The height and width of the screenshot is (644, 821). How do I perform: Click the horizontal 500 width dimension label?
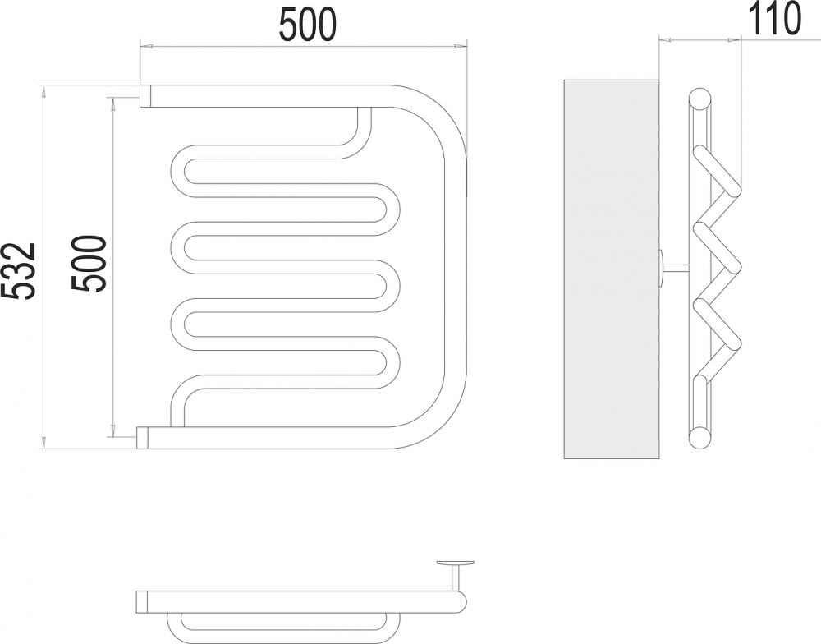[307, 25]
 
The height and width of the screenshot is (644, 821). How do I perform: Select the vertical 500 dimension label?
[89, 264]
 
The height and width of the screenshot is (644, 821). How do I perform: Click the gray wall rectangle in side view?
[611, 269]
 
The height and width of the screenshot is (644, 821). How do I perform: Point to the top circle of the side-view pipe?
[699, 99]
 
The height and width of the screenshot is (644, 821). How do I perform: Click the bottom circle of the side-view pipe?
[699, 438]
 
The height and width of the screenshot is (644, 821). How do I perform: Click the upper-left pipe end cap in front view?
[145, 96]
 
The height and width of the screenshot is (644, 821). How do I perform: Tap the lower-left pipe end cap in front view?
[143, 438]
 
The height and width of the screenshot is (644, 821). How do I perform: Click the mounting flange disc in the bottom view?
[455, 563]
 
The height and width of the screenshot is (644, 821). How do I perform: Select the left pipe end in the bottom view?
[142, 601]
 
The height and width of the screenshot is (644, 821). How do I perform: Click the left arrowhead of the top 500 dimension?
[145, 47]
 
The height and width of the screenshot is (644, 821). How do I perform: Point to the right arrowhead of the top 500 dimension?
[461, 47]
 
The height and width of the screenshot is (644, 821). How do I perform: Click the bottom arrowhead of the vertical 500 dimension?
[112, 430]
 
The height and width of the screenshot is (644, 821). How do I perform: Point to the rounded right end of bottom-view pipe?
[460, 601]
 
